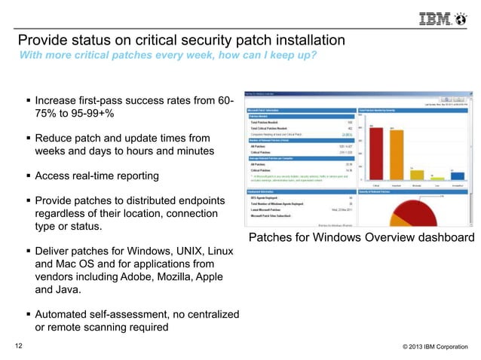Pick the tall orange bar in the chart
coord(394,154)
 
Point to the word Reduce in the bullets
coord(56,138)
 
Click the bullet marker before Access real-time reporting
coord(28,176)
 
